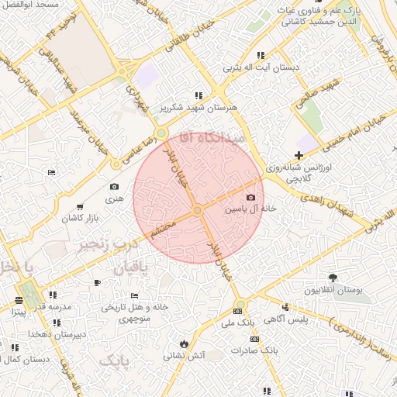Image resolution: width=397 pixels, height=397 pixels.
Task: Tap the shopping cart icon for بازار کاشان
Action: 81,207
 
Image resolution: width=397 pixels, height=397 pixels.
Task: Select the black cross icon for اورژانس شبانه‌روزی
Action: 299,156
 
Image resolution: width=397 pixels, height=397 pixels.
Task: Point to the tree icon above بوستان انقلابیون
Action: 333,278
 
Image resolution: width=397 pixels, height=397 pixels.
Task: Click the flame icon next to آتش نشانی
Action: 184,343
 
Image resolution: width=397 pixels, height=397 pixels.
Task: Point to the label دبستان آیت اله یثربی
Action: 261,67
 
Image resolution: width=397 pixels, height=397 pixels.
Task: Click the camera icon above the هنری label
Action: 115,186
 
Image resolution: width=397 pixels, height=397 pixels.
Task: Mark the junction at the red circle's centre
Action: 198,210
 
